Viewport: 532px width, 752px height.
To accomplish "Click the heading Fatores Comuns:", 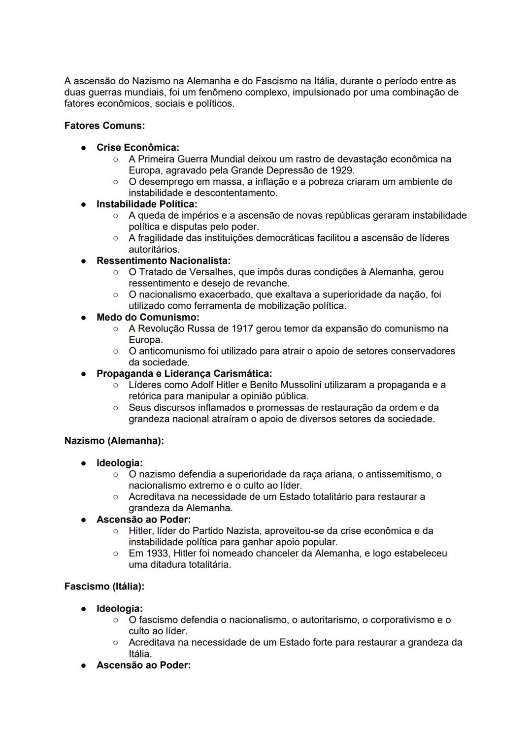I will coord(104,126).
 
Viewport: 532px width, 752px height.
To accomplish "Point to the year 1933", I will coord(158,553).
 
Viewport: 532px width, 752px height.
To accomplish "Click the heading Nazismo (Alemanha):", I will coord(114,441).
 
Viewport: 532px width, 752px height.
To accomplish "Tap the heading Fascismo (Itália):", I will coord(104,587).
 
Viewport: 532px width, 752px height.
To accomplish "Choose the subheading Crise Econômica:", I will coord(138,148).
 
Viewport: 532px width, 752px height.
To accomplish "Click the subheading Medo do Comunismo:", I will coord(148,317).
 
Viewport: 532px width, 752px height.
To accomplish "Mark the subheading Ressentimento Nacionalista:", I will coord(164,261).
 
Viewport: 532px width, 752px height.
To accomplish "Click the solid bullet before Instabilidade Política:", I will coord(84,204).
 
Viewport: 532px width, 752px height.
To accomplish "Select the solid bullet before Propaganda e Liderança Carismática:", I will coord(84,374).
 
